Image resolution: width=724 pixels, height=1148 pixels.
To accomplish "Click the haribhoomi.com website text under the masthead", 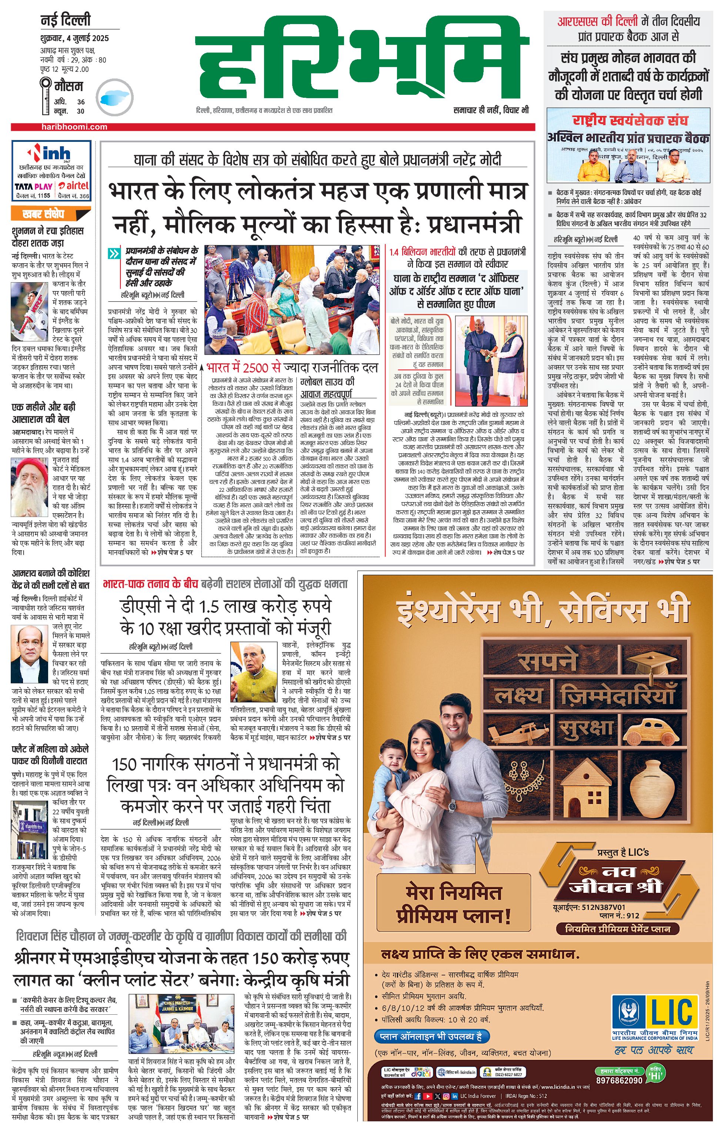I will [74, 127].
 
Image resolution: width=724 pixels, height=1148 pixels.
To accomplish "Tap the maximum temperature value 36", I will [81, 101].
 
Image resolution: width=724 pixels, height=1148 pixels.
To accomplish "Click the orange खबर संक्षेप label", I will [43, 214].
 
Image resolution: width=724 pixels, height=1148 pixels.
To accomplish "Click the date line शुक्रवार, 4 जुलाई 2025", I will [74, 38].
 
